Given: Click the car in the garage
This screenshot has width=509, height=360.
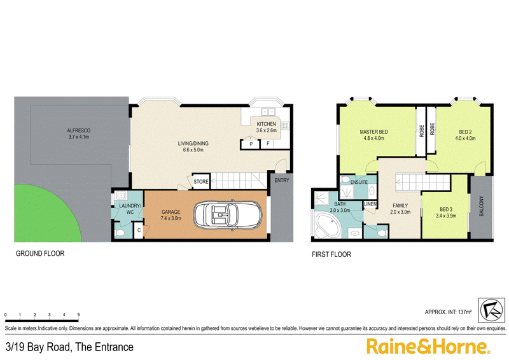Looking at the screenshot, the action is (x=227, y=215).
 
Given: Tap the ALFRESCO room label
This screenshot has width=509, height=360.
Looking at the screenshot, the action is (x=78, y=130).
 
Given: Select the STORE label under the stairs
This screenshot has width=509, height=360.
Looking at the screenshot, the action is (x=201, y=182).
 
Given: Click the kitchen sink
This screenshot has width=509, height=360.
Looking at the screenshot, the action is (x=268, y=112).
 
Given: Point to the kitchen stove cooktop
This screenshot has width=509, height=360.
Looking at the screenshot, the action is (x=285, y=126).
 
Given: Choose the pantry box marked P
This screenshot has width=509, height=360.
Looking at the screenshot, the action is (x=251, y=144).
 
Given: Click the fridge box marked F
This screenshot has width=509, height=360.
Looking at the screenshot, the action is (x=268, y=144).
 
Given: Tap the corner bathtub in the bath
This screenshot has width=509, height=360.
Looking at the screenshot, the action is (x=327, y=226).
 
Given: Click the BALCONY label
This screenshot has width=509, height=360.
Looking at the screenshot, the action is (x=482, y=206).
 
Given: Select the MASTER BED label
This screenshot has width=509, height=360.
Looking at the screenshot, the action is (x=373, y=132).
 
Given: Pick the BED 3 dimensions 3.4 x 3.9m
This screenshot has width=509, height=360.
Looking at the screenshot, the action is (x=446, y=216).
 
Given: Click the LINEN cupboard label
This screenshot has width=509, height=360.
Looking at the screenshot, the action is (x=370, y=204).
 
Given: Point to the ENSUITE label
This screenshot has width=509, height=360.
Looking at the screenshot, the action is (x=359, y=182).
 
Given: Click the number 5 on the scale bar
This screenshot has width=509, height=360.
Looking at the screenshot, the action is (x=78, y=315).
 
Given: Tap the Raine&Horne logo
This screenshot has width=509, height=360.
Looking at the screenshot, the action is (x=428, y=346).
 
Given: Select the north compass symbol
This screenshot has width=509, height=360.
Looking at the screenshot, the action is (x=492, y=310).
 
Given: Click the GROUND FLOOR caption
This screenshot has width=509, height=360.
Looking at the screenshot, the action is (x=40, y=253).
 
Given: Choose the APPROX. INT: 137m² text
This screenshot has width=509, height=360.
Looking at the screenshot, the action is (x=448, y=312).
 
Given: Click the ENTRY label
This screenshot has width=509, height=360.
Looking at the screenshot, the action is (x=282, y=180).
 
